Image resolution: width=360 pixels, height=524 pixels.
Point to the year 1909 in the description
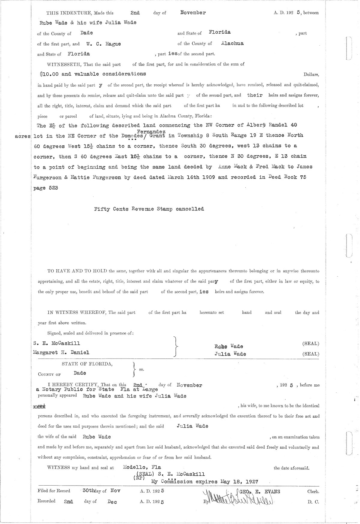coord(208,177)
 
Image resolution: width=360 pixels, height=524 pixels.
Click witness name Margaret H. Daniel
coord(61,353)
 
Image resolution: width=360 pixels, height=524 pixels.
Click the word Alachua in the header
coord(232,43)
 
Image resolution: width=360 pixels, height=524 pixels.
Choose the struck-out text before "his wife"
coord(40,406)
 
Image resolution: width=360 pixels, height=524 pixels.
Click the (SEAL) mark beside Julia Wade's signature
coord(311,354)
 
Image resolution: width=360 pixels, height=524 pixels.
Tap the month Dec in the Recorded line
coord(112,502)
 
